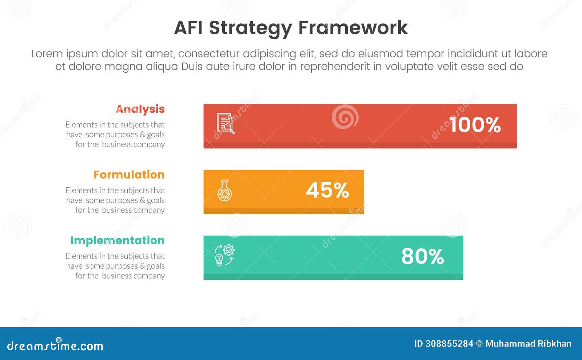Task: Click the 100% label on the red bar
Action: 475,125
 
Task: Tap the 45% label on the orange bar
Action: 327,190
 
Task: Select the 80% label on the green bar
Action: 423,256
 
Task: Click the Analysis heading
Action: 140,109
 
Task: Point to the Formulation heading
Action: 129,175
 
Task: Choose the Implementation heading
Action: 117,240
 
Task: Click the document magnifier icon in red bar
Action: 226,124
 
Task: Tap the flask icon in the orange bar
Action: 224,191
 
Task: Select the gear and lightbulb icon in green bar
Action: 224,255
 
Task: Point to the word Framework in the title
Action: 353,28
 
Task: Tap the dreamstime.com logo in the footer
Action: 55,345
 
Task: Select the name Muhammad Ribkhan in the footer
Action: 528,344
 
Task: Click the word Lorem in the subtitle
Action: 47,54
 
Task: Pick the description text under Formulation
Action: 115,200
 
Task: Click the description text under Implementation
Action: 115,266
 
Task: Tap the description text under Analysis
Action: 115,135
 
